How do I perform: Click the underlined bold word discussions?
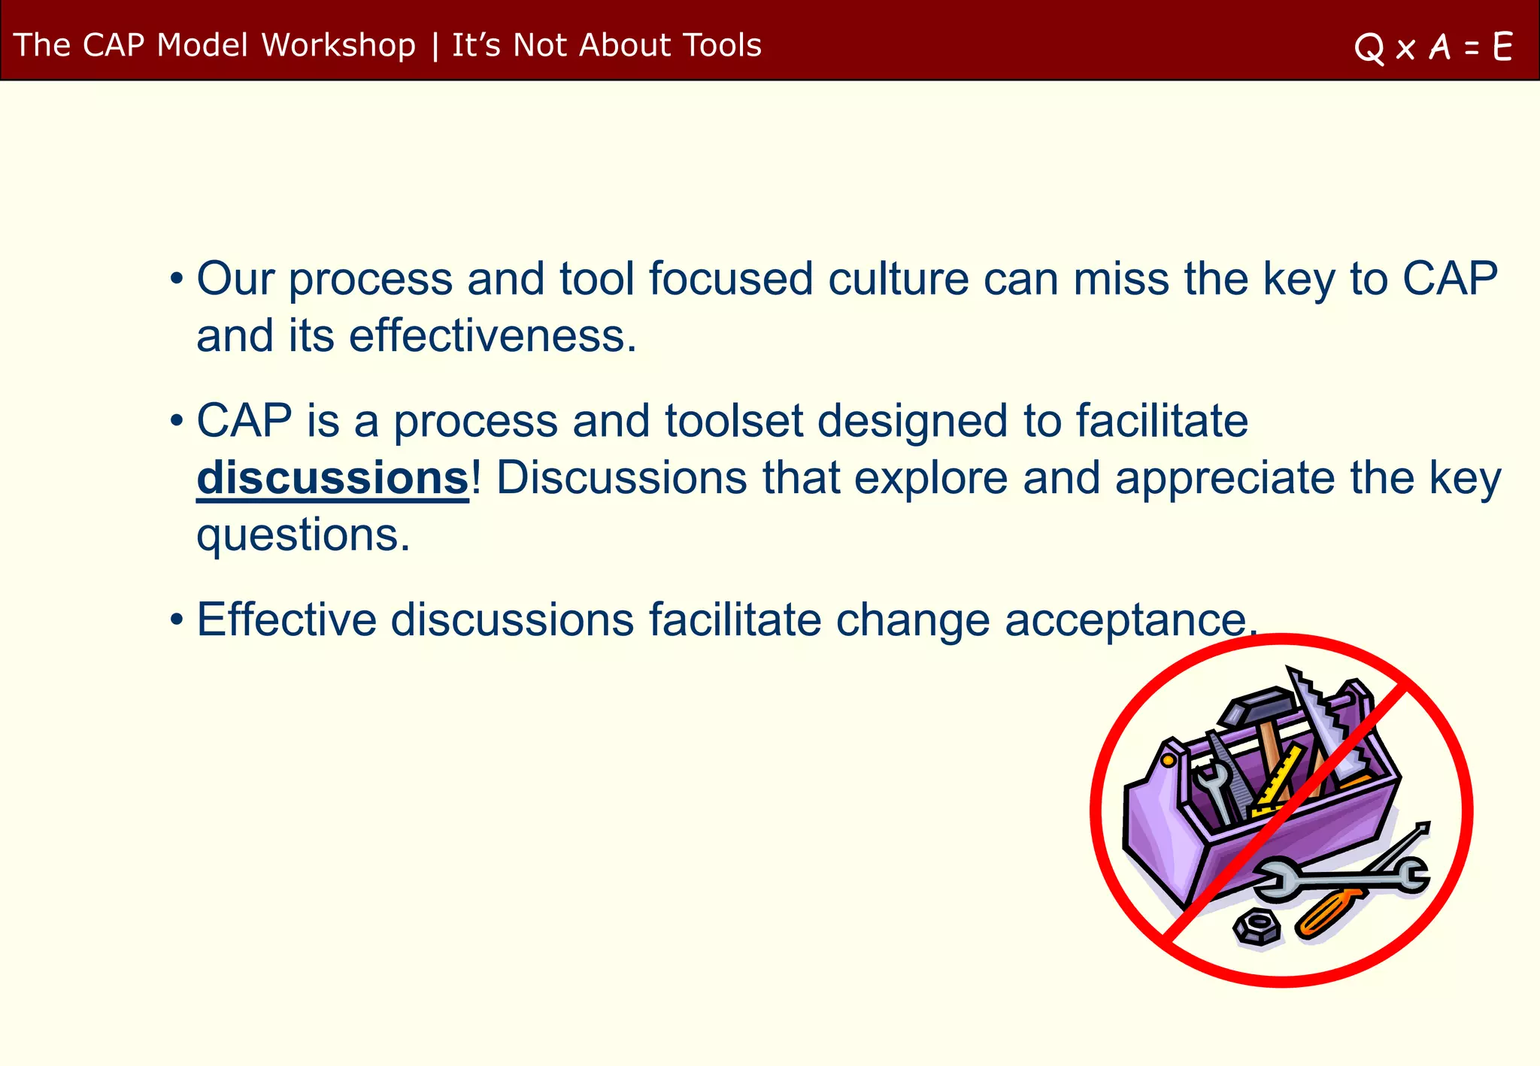pos(332,478)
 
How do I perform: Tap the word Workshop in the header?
pos(338,45)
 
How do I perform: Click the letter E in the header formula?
pos(1502,47)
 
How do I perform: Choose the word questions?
pos(303,535)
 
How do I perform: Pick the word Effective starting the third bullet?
pos(286,620)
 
